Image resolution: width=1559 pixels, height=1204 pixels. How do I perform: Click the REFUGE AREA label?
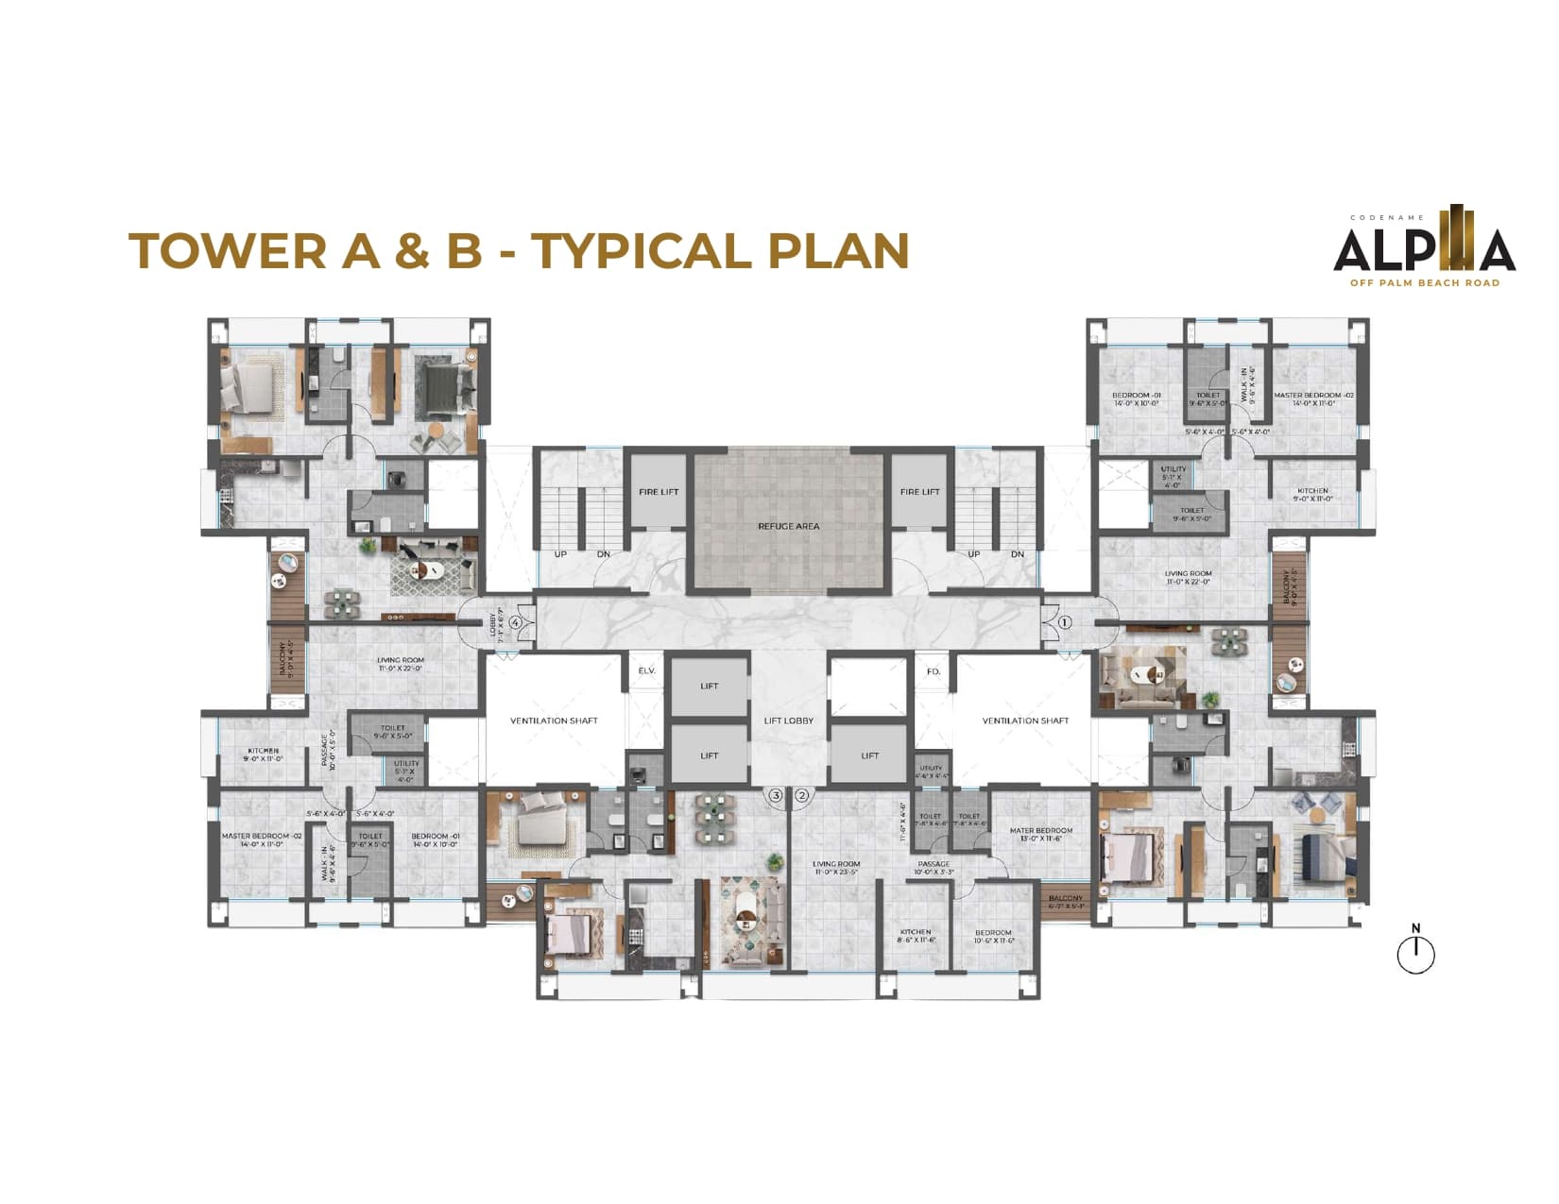tap(788, 526)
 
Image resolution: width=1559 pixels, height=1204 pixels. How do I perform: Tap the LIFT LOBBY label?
tap(788, 721)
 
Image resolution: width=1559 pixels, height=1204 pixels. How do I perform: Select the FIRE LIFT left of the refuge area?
tap(659, 492)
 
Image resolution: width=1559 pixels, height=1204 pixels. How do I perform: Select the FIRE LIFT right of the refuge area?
tap(919, 492)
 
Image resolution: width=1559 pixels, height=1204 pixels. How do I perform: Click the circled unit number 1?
tap(1065, 622)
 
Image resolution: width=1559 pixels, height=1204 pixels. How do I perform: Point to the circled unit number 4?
tap(515, 622)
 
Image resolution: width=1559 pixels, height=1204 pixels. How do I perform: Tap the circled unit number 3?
tap(776, 796)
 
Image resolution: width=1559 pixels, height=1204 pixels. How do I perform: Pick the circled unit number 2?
tap(802, 796)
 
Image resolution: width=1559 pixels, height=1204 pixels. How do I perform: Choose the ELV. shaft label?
tap(646, 670)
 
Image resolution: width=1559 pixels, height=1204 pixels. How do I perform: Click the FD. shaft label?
tap(933, 671)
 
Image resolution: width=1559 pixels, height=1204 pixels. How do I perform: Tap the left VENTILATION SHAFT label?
tap(554, 721)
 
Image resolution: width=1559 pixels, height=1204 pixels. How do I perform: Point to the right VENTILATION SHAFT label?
tap(1025, 721)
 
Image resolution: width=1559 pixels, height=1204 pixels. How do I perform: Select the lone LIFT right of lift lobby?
tap(869, 755)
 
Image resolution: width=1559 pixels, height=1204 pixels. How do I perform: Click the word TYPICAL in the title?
tap(641, 251)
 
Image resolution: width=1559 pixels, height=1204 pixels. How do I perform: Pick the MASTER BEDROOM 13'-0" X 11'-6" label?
tap(1040, 835)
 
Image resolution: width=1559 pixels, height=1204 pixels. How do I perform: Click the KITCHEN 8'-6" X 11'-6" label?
tap(915, 936)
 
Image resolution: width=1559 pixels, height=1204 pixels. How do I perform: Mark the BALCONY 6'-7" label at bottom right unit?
tap(1065, 902)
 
